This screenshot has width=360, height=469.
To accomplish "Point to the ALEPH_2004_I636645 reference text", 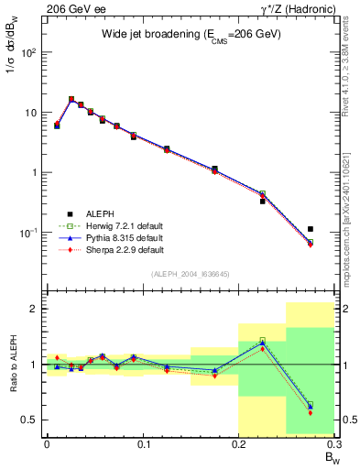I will [191, 275].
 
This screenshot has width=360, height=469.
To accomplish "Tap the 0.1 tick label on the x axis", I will [143, 444].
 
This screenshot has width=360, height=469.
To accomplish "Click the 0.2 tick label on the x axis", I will [239, 444].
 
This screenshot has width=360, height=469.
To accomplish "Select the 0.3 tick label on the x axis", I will [334, 444].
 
